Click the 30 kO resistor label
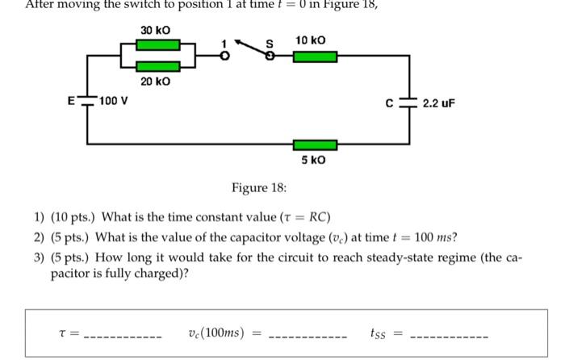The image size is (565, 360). pos(155,31)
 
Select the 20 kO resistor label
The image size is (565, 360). pos(155,82)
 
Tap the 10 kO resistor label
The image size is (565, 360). pos(311,40)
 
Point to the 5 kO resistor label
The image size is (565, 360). pos(314,160)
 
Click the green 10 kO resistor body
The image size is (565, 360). pos(315,57)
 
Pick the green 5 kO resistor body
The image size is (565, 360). pos(315,144)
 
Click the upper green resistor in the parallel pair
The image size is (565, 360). pos(157,48)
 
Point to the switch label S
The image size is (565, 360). pos(270,42)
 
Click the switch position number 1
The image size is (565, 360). pos(227,40)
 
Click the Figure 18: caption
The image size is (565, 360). pos(258,188)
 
